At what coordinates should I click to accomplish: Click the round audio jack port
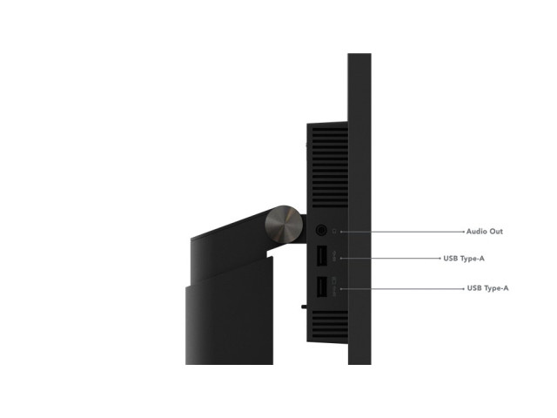pyautogui.click(x=321, y=230)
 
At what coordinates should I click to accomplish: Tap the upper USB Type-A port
pyautogui.click(x=321, y=255)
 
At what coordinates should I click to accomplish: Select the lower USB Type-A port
pyautogui.click(x=321, y=287)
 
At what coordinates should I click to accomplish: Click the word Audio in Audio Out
pyautogui.click(x=476, y=232)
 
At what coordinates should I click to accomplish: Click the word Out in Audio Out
pyautogui.click(x=495, y=232)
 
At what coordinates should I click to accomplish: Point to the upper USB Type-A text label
pyautogui.click(x=464, y=259)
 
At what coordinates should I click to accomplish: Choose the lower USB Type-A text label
pyautogui.click(x=487, y=288)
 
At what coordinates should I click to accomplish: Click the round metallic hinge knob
pyautogui.click(x=284, y=225)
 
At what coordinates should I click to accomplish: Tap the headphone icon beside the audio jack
pyautogui.click(x=334, y=232)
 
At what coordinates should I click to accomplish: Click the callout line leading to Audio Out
pyautogui.click(x=402, y=232)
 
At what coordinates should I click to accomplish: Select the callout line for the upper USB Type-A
pyautogui.click(x=391, y=259)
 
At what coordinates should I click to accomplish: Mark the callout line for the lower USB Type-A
pyautogui.click(x=402, y=288)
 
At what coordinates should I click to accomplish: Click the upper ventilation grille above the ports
pyautogui.click(x=330, y=167)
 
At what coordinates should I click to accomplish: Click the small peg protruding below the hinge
pyautogui.click(x=304, y=307)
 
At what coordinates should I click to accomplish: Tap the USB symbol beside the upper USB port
pyautogui.click(x=334, y=257)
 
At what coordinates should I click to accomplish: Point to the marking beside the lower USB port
pyautogui.click(x=334, y=287)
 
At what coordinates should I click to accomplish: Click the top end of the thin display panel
pyautogui.click(x=359, y=54)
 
